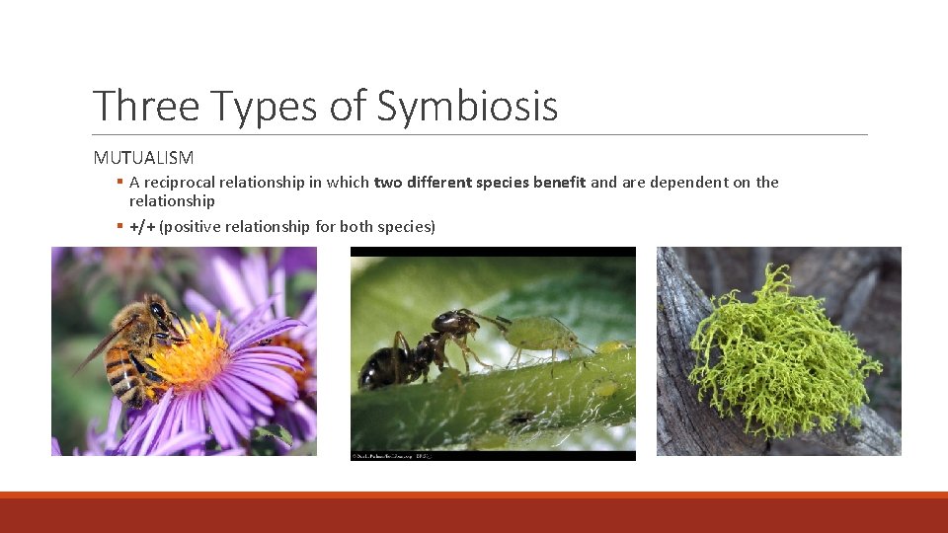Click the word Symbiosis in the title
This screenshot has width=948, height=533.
[467, 107]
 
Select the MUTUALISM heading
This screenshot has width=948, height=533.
[143, 157]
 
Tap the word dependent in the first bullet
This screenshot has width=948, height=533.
[687, 182]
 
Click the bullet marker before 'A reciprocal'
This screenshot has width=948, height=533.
[118, 182]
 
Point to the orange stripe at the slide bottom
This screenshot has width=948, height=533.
[474, 495]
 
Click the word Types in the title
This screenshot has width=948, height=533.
[260, 107]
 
